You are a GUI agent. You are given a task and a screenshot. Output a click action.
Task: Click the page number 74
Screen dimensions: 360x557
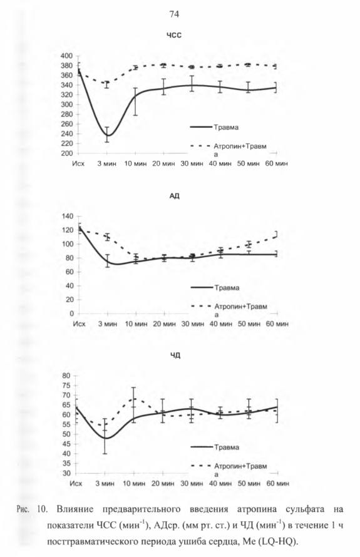(174, 14)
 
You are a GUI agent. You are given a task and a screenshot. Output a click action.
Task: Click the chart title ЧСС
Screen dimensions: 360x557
(174, 35)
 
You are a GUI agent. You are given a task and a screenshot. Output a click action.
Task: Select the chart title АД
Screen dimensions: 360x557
(175, 196)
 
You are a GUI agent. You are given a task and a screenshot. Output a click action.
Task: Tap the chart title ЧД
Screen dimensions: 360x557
(175, 355)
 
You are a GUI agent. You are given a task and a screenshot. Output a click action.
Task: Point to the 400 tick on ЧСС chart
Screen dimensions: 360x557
(66, 56)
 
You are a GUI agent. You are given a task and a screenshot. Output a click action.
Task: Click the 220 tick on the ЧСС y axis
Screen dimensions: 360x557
(66, 143)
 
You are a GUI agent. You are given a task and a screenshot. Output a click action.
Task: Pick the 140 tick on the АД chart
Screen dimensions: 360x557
(67, 216)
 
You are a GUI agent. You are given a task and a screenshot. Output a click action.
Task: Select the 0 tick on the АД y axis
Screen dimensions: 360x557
(71, 314)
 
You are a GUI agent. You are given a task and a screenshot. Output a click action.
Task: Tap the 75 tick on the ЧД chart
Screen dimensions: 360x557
(67, 386)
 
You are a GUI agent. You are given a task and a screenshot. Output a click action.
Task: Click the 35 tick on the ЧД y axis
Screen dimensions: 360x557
(67, 464)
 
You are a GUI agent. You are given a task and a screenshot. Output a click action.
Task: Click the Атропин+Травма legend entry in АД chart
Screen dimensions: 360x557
(229, 310)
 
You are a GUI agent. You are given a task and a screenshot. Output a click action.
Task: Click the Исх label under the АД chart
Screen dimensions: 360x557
(79, 324)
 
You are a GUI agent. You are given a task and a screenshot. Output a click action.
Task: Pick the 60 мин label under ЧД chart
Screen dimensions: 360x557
(277, 484)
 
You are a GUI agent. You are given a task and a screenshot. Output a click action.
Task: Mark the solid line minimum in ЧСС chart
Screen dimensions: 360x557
(108, 136)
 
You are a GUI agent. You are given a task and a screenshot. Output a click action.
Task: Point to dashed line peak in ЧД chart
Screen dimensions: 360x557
(134, 399)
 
